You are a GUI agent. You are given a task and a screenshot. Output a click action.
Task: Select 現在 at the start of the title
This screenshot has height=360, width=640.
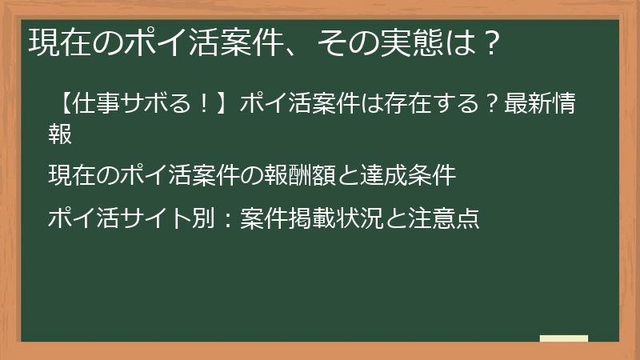54,42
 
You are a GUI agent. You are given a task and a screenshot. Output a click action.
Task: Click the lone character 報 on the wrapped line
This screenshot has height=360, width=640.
61,134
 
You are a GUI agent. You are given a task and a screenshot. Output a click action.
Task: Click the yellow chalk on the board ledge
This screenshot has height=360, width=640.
564,338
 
